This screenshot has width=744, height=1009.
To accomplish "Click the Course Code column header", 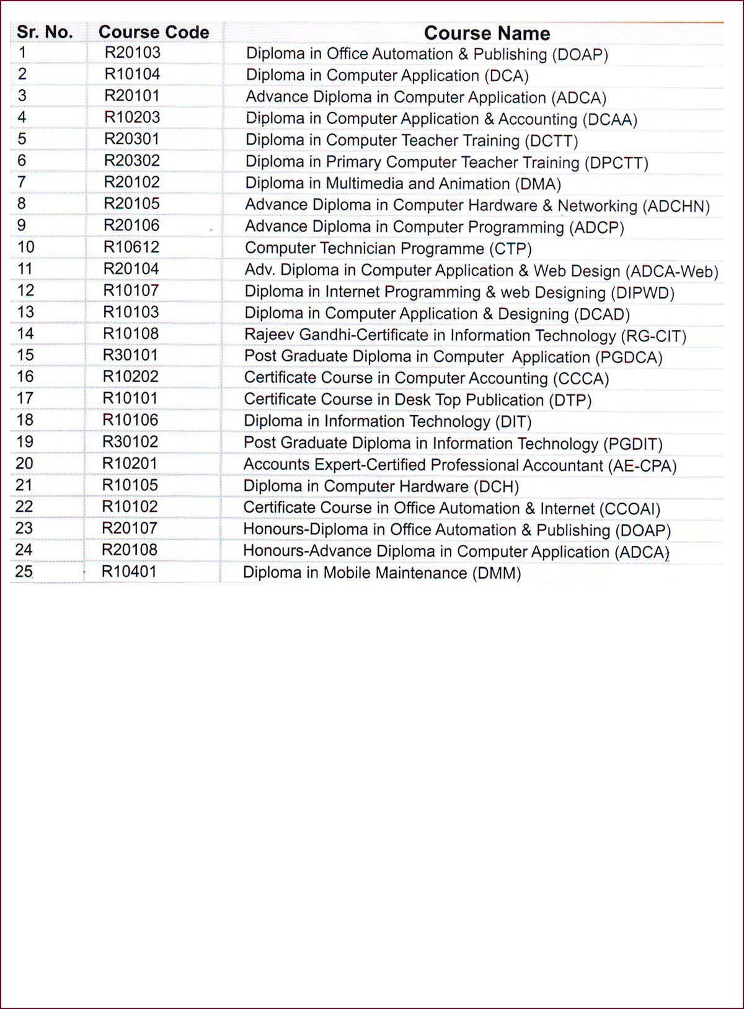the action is [x=154, y=32].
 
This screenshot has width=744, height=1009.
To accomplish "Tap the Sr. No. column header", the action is [x=45, y=32].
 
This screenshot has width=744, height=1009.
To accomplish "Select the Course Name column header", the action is [x=487, y=34].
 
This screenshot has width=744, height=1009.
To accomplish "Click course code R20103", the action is [x=132, y=53].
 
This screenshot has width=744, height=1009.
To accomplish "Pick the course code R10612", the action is [x=131, y=247].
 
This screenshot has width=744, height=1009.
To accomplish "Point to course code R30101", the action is [x=131, y=355].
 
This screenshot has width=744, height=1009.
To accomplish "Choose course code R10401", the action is [x=129, y=572].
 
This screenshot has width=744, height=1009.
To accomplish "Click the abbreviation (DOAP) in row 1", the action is [x=580, y=55].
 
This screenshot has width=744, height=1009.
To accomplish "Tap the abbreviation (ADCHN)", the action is [x=676, y=206].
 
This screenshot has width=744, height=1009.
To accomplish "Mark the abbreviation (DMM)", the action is [x=497, y=573].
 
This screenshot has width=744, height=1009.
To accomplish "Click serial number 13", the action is [x=25, y=312].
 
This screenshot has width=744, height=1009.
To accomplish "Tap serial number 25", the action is [x=24, y=572].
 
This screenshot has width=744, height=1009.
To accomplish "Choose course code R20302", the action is [x=132, y=161].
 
